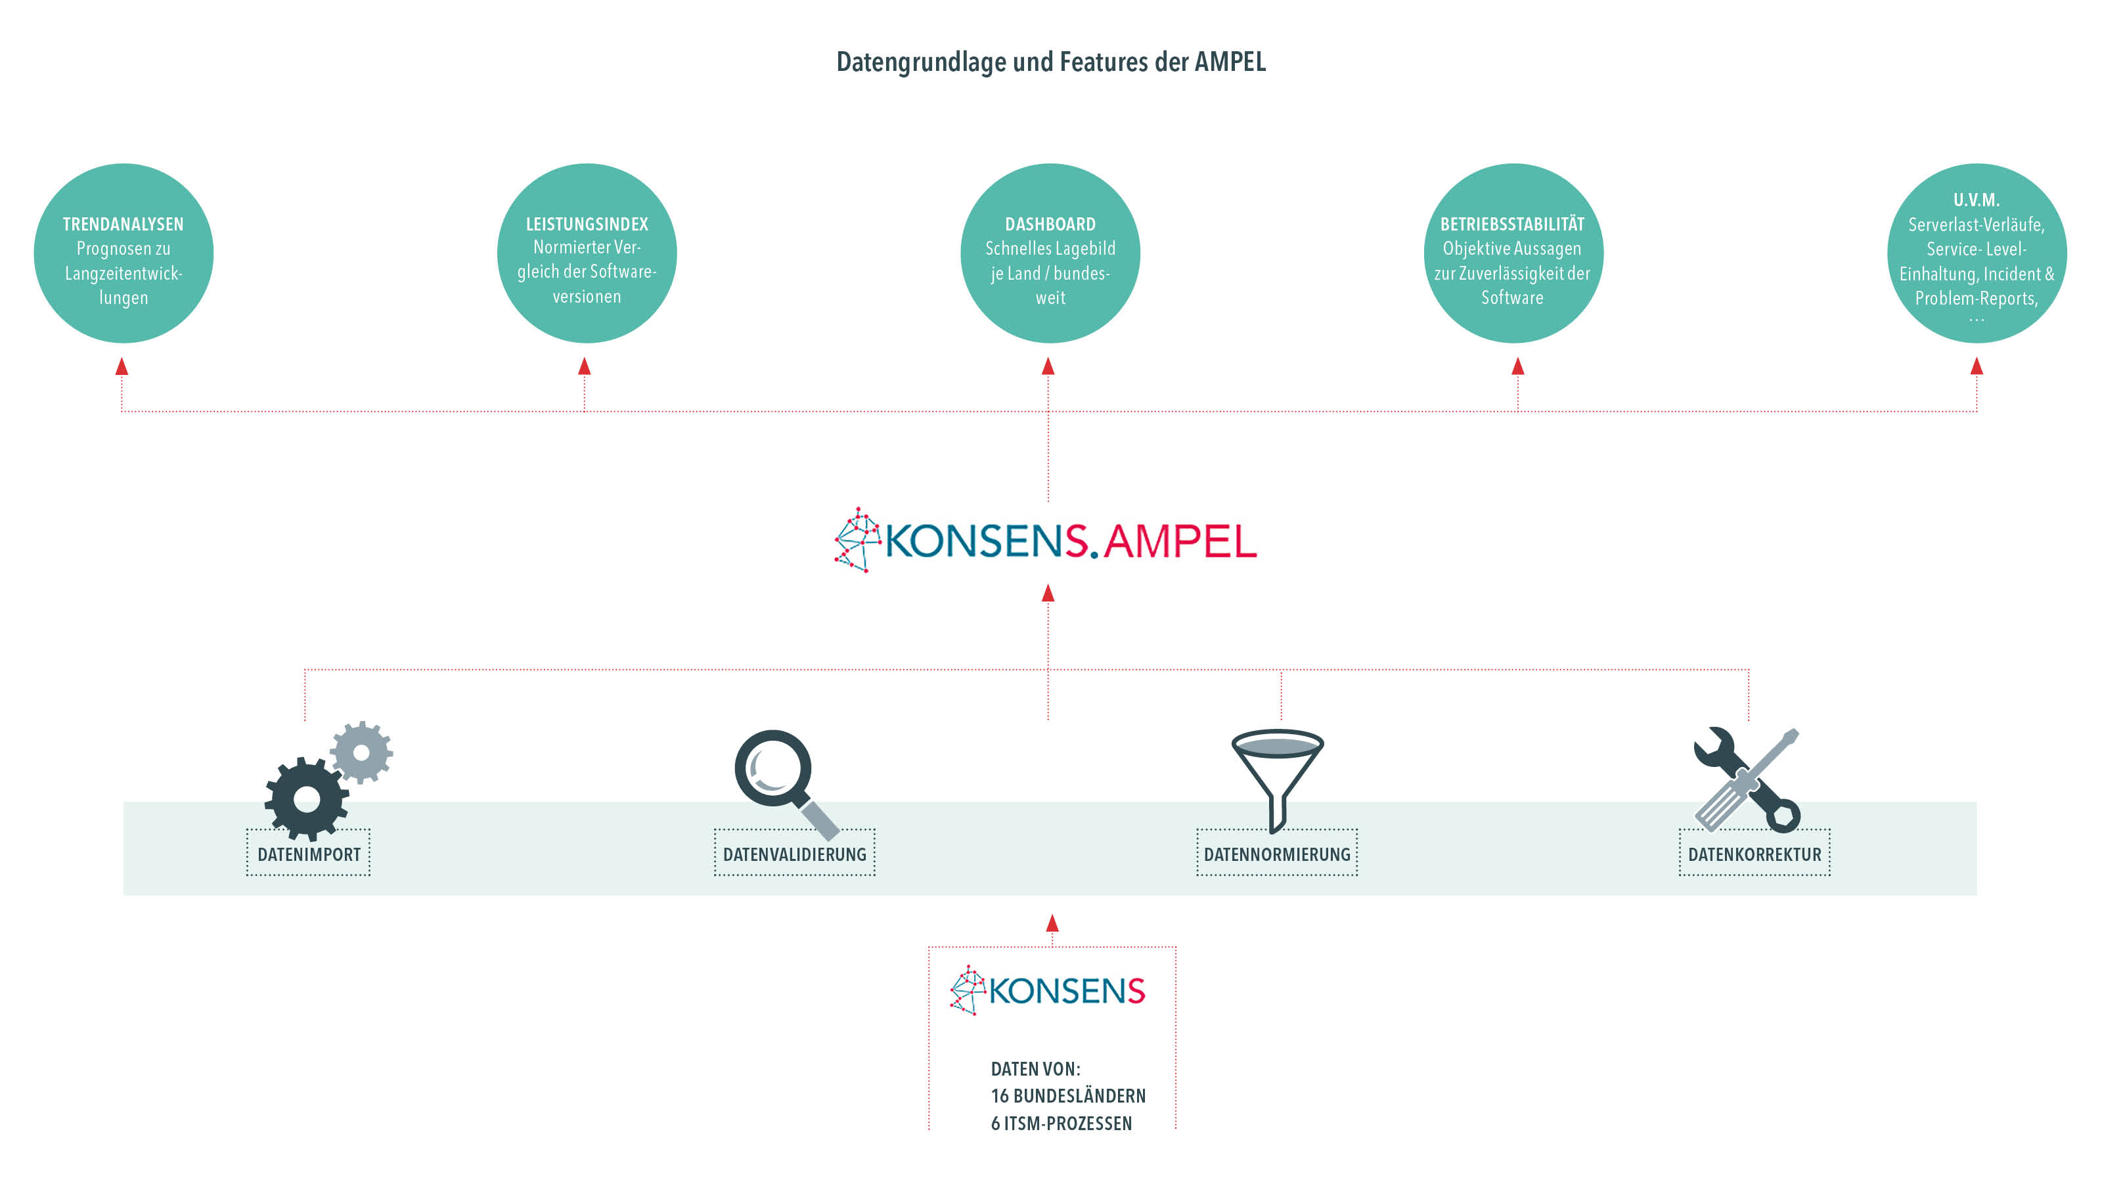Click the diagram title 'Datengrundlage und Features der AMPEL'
tap(1051, 62)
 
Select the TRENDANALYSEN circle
tap(123, 253)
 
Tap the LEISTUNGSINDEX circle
tap(587, 253)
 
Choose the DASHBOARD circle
tap(1050, 253)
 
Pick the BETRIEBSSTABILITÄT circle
tap(1513, 253)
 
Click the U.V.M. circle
tap(1977, 253)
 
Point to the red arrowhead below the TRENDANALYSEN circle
tap(122, 366)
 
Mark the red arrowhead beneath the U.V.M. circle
tap(1977, 366)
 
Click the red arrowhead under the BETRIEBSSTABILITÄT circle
tap(1518, 366)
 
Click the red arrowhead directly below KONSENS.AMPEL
tap(1048, 593)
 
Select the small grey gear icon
tap(361, 752)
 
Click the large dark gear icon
tap(306, 799)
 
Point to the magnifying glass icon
tap(784, 781)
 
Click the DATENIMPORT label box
tap(309, 853)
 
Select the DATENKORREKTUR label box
tap(1755, 853)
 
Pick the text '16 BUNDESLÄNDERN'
tap(1068, 1095)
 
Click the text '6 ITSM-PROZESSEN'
tap(1061, 1124)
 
